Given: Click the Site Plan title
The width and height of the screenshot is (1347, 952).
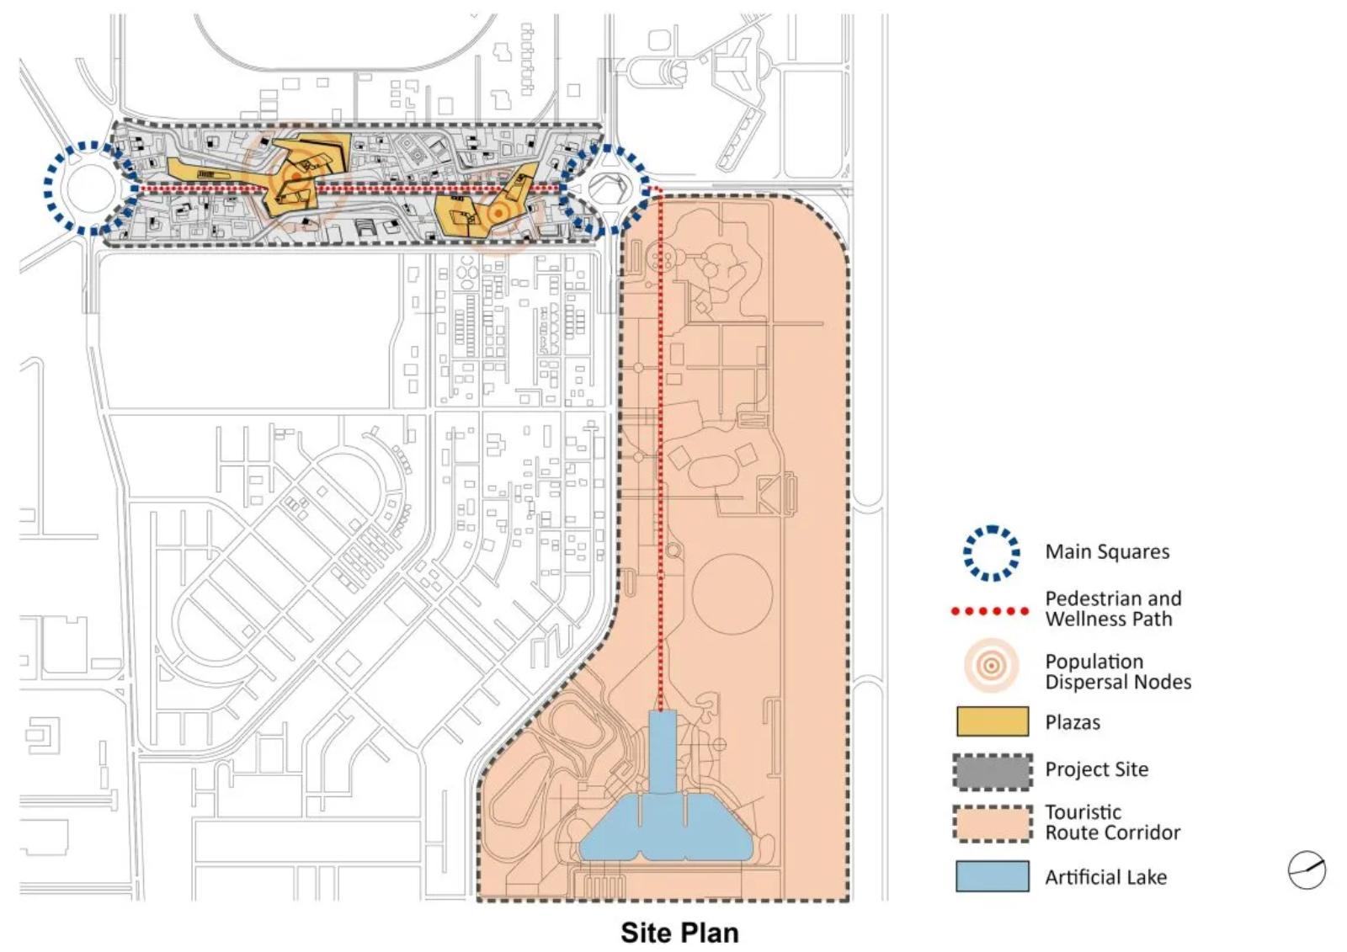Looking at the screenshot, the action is (679, 933).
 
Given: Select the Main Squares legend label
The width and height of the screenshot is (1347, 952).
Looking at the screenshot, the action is (1107, 551).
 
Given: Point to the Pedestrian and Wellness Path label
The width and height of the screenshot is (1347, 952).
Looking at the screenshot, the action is (1113, 609).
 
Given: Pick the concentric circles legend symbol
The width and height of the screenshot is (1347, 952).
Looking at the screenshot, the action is (992, 666).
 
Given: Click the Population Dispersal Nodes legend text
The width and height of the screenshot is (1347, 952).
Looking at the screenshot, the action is (1118, 671).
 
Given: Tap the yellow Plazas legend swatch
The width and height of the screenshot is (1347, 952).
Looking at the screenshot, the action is (993, 721).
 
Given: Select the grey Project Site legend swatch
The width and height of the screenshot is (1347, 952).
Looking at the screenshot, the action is (993, 772).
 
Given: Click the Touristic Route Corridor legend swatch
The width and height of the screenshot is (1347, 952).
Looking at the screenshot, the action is (993, 823).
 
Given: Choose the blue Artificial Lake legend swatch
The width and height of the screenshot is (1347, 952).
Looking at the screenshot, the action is (993, 876).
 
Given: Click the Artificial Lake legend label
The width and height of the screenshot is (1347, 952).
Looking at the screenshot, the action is (1106, 877).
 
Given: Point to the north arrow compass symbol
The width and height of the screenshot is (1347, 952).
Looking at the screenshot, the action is (1306, 870).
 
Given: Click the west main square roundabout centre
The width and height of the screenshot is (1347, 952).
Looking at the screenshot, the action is (92, 188).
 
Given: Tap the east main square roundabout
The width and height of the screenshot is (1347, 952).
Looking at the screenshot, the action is (606, 189).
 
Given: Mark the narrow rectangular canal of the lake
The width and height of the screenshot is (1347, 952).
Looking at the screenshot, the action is (663, 752).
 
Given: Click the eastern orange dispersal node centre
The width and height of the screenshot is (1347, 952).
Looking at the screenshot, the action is (498, 214).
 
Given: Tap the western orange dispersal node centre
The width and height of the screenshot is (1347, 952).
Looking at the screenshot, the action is (295, 177).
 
